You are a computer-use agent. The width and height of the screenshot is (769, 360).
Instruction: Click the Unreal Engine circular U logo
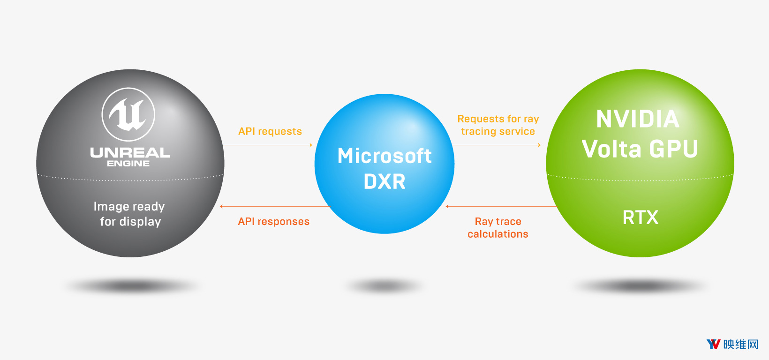coord(128,114)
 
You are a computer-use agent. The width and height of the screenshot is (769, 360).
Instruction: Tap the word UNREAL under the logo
coord(130,152)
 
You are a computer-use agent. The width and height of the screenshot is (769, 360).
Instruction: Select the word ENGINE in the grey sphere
coord(128,164)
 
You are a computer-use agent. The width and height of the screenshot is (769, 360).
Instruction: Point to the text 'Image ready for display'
coord(129,214)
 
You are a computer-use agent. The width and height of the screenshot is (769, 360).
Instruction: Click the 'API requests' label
coord(270,131)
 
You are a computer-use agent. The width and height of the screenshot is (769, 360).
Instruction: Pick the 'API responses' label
coord(274,221)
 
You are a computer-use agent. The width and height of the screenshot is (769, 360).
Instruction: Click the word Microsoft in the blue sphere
coord(384,156)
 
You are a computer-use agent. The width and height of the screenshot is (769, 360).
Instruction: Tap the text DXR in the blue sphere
coord(384,182)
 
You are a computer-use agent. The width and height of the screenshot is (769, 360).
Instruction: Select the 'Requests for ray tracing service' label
coord(498,125)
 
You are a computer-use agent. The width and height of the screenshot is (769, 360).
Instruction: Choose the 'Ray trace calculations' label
coord(498,228)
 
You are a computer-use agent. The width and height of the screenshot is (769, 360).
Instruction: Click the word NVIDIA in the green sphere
coord(638,119)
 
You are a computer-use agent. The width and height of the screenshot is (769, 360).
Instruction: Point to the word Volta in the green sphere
coord(611,149)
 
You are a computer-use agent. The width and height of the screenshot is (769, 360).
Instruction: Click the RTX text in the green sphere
coord(641,217)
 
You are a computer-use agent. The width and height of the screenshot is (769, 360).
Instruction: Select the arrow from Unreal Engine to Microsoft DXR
coord(268,145)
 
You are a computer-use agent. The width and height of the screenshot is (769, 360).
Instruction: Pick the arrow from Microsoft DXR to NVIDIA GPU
coord(497,145)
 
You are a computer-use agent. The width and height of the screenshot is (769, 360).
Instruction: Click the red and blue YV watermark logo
coord(713,345)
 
